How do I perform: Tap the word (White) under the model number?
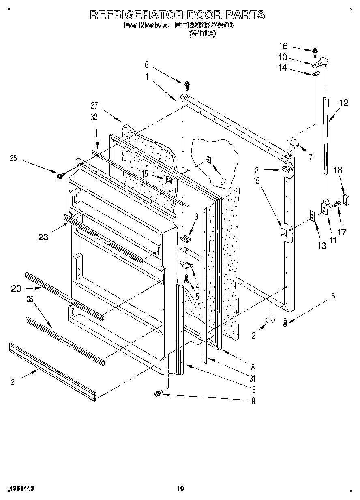202,34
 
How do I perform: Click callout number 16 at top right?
283,45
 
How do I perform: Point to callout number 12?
343,103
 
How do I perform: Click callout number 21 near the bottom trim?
13,381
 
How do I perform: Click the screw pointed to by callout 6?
187,85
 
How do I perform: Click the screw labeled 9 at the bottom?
158,392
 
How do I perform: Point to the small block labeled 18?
345,199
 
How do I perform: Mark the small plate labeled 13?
313,215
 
